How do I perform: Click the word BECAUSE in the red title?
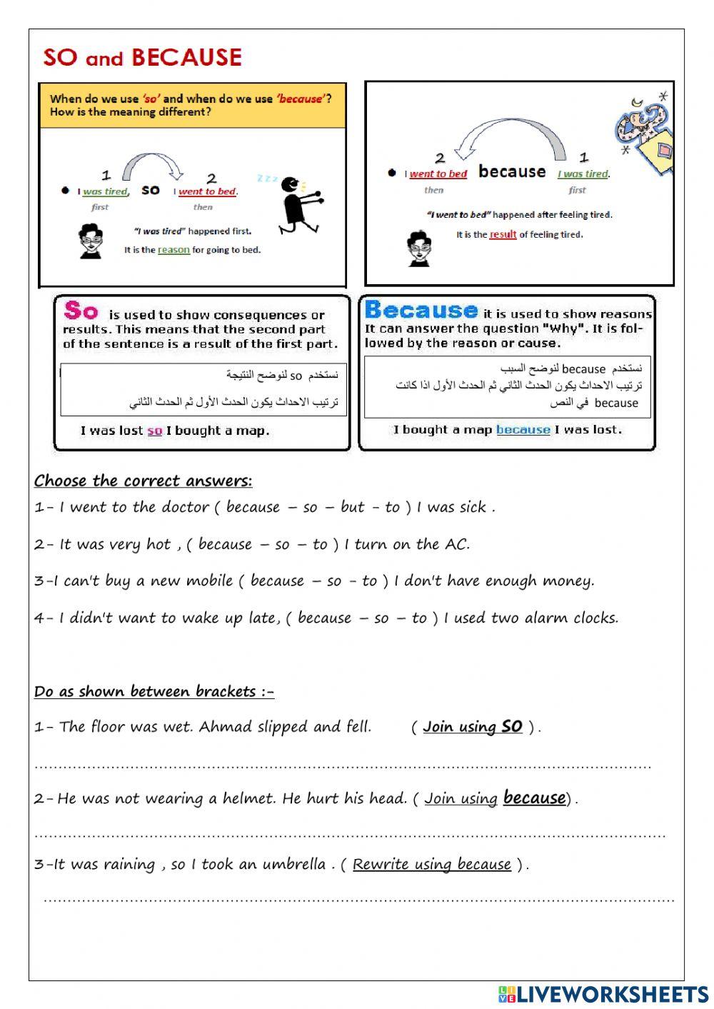coord(186,57)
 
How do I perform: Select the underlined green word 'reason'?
coord(174,250)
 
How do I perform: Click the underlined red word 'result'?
coord(503,234)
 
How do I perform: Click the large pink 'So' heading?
coord(81,311)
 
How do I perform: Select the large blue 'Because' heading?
coord(421,310)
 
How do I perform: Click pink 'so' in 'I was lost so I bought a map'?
coord(154,431)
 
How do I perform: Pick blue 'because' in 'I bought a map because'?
coord(523,429)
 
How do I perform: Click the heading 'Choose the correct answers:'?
coord(143,481)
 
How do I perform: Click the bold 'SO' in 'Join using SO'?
coord(511,726)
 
